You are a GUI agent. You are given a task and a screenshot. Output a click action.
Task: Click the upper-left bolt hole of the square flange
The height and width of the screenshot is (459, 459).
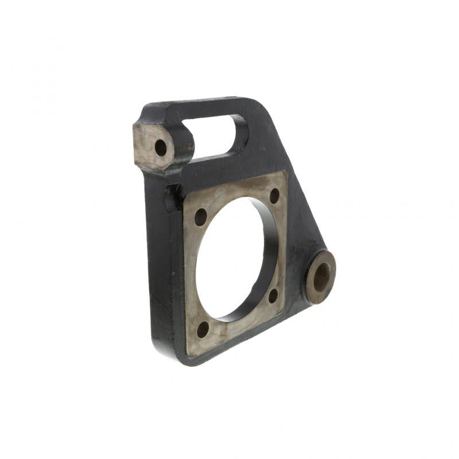(x=200, y=217)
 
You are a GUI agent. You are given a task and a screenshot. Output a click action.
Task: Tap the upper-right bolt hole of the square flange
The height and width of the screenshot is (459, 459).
(x=274, y=196)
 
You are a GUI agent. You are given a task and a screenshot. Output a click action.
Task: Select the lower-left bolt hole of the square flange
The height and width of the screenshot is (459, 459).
(x=203, y=330)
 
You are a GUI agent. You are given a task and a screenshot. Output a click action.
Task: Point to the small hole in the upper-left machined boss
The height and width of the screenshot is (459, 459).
(x=161, y=147)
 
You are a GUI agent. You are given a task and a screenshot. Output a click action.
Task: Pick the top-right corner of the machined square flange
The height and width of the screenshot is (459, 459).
(x=285, y=172)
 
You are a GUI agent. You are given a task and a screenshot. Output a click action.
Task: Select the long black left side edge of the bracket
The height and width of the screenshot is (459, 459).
(x=154, y=258)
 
